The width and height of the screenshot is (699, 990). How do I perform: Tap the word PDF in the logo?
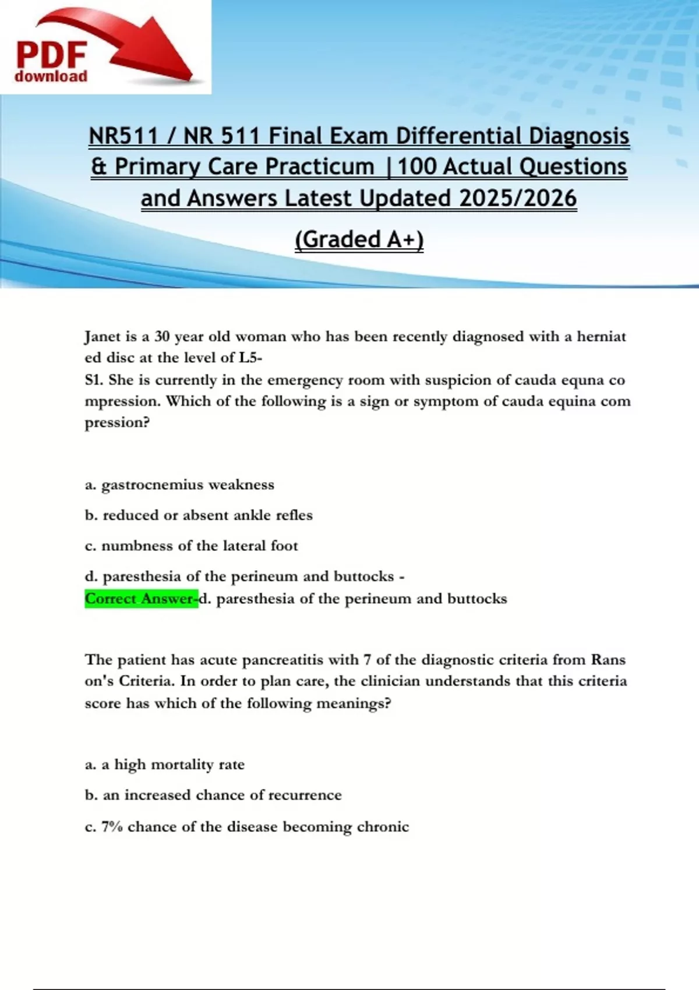click(51, 55)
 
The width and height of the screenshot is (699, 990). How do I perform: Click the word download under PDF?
click(51, 76)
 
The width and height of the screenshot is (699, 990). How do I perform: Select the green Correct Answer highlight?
click(141, 599)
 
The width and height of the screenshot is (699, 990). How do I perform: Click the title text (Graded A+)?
click(359, 239)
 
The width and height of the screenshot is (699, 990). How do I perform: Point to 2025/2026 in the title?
click(518, 198)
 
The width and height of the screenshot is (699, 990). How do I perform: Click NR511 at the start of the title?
click(123, 136)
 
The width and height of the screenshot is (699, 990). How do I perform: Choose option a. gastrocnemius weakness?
click(179, 485)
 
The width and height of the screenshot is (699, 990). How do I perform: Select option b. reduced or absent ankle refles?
click(199, 515)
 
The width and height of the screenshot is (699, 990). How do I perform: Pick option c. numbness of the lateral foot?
click(191, 546)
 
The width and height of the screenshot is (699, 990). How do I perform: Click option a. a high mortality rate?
click(165, 765)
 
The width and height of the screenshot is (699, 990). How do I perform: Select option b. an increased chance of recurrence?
click(213, 795)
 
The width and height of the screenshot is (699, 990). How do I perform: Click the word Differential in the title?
click(459, 136)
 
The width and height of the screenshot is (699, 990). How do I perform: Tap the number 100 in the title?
click(416, 167)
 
